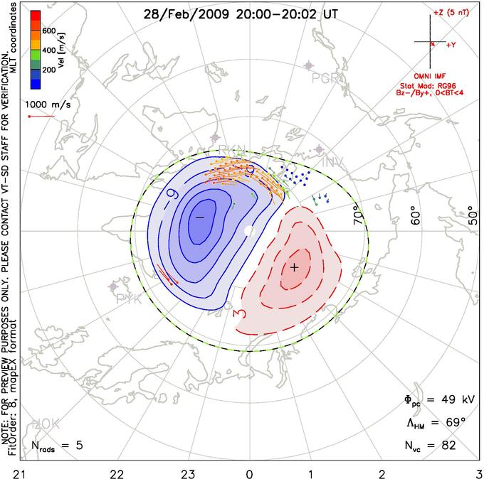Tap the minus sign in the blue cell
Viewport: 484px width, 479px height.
coord(200,216)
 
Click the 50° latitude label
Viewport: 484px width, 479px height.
coord(473,212)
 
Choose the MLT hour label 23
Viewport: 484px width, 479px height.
coord(189,473)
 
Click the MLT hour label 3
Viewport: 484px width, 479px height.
coord(478,473)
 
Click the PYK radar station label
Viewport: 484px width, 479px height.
coord(130,300)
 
